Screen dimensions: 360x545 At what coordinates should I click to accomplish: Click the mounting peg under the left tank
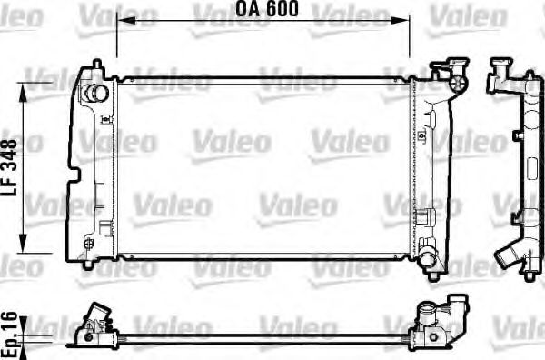[85, 265]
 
